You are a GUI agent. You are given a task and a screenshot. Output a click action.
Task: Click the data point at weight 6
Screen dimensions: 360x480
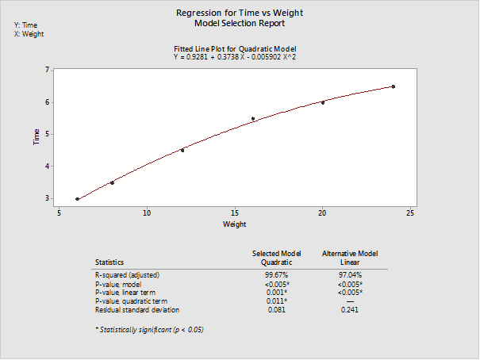pyautogui.click(x=77, y=199)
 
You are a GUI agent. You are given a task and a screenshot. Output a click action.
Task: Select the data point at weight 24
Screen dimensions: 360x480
pyautogui.click(x=393, y=86)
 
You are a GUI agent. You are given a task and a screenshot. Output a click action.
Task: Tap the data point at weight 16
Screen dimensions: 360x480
pyautogui.click(x=252, y=119)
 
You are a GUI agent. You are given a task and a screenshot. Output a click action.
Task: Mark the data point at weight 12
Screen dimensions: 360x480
pyautogui.click(x=182, y=150)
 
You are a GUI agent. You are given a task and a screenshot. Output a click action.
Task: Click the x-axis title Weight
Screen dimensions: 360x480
pyautogui.click(x=234, y=225)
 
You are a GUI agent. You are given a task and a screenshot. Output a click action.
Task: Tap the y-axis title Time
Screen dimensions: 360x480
pyautogui.click(x=36, y=136)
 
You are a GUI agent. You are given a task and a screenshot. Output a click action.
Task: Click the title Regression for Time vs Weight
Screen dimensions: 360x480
pyautogui.click(x=239, y=13)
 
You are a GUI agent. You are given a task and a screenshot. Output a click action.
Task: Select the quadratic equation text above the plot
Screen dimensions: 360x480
pyautogui.click(x=234, y=57)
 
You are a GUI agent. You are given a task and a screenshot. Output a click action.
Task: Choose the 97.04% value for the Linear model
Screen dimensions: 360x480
pyautogui.click(x=349, y=274)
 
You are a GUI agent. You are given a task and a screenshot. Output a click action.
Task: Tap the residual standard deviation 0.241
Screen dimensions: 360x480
pyautogui.click(x=349, y=310)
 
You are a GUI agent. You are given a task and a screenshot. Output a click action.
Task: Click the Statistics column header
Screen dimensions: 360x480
pyautogui.click(x=109, y=262)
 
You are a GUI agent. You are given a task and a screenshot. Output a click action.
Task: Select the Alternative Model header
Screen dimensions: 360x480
pyautogui.click(x=349, y=253)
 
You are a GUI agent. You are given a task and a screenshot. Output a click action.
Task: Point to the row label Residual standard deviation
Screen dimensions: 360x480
pyautogui.click(x=137, y=310)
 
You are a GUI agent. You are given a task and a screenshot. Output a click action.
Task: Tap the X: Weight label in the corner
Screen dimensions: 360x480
pyautogui.click(x=29, y=35)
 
